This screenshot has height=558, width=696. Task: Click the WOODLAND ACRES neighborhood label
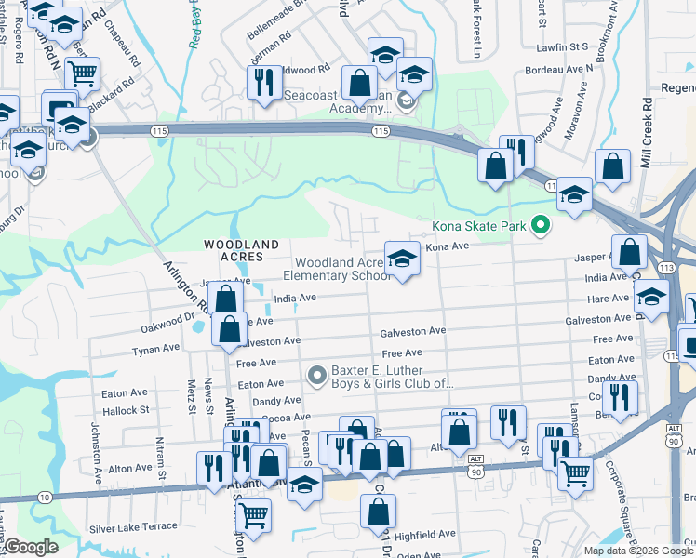(x=241, y=251)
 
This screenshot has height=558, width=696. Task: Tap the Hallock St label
(x=126, y=410)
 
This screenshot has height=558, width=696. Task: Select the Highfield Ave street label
(x=425, y=535)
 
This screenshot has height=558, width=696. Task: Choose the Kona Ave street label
(x=447, y=247)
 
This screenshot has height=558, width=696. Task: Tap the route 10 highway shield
(x=44, y=498)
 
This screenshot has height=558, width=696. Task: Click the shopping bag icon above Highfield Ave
(x=378, y=511)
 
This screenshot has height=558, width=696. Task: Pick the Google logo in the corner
(x=31, y=547)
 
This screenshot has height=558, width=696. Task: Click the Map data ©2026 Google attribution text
(x=637, y=551)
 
